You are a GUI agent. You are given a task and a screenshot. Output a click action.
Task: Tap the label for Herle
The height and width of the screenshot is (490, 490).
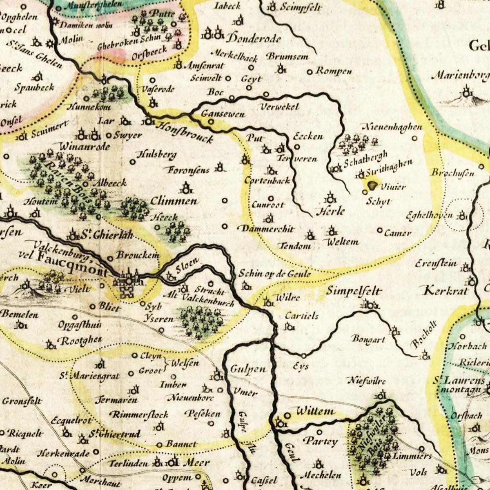(x=330, y=212)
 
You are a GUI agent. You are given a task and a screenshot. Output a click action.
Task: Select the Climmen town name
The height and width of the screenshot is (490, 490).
(x=174, y=201)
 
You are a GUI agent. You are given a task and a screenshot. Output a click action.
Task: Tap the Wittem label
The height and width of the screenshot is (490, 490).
(x=315, y=412)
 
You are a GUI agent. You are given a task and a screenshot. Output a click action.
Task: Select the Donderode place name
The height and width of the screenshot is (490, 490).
(x=254, y=39)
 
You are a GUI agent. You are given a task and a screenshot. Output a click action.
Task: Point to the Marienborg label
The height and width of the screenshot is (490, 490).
(x=460, y=76)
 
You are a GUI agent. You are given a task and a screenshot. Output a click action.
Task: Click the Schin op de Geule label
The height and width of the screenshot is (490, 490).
(x=275, y=274)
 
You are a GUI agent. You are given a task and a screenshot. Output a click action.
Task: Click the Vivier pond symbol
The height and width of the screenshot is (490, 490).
(x=372, y=185)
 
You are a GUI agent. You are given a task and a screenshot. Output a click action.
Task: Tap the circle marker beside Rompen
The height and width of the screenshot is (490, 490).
(x=310, y=72)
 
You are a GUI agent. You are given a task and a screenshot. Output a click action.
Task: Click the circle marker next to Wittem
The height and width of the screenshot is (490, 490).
(x=287, y=415)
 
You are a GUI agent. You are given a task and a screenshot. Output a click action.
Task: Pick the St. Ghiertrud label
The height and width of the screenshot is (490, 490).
(x=115, y=434)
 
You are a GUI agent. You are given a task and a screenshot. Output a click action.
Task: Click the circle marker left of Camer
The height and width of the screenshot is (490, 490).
(x=379, y=231)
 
